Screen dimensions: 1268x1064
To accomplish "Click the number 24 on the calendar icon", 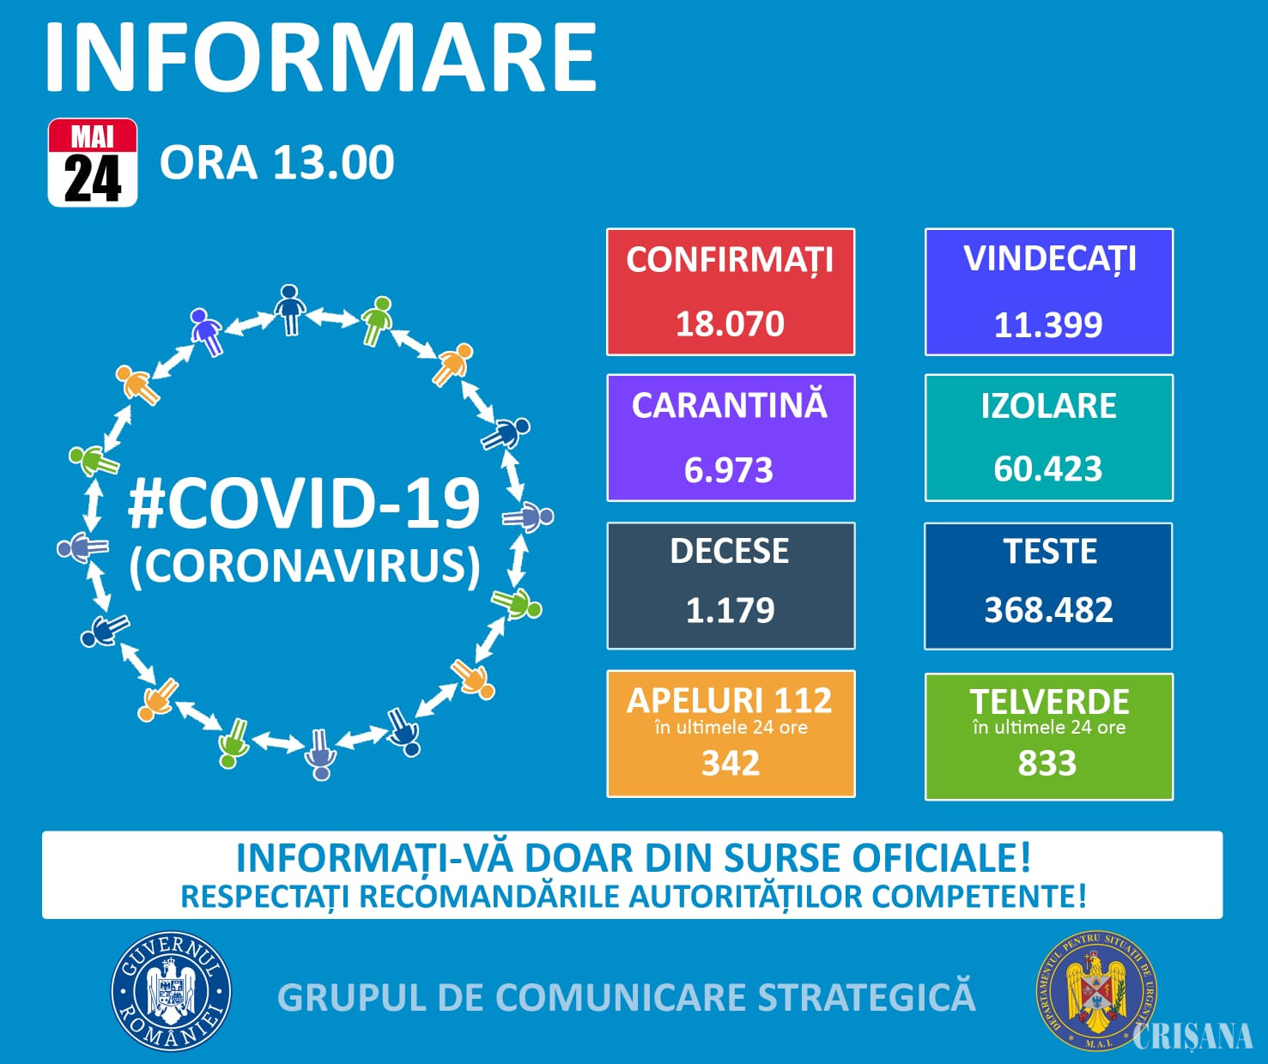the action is tap(93, 178).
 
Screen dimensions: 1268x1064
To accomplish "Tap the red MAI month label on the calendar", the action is tap(93, 136).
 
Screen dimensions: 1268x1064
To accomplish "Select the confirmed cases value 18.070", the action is tap(730, 323).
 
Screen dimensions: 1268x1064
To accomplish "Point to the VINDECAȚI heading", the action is tap(1049, 259).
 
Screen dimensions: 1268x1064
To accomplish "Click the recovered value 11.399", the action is tap(1048, 324).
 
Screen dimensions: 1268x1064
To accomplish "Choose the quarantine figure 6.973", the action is tap(729, 469).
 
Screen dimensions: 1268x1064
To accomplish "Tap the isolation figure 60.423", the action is tap(1048, 469).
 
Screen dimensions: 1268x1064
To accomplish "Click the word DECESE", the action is tap(730, 551).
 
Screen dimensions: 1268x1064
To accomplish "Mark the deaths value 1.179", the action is tap(730, 610).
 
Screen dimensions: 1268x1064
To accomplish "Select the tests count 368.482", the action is tap(1049, 610).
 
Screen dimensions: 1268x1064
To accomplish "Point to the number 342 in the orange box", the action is tap(731, 763).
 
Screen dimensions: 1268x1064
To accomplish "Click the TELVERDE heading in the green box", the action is tap(1049, 702).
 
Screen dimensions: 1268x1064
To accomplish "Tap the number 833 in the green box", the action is tap(1047, 763).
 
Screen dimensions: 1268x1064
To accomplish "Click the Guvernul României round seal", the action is tap(171, 992).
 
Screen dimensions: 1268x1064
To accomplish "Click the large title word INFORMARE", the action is tap(321, 57).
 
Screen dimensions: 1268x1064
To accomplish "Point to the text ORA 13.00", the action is tap(277, 163).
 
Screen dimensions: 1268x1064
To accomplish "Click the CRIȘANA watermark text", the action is tap(1192, 1036).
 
